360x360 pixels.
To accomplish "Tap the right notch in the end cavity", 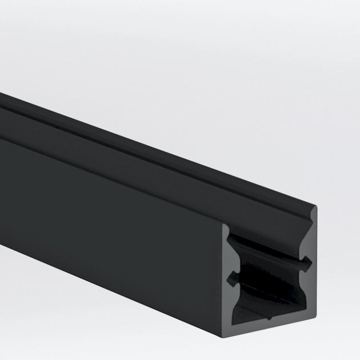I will click(x=309, y=262).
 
